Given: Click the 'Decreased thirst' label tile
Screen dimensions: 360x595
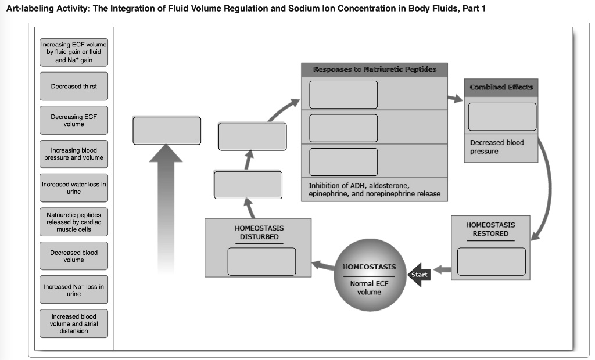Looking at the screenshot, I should coord(74,87).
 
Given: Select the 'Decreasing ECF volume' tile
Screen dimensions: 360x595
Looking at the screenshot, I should coord(74,120).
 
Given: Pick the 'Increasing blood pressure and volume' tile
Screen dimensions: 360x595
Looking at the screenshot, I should coord(74,154).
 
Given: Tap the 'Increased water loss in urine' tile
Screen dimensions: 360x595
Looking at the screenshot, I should coord(74,188).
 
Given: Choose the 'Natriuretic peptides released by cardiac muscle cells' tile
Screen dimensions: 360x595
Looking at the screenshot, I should coord(74,222).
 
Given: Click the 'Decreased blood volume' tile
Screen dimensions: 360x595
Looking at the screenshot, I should coord(74,256).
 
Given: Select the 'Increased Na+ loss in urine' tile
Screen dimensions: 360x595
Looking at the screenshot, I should coord(74,290).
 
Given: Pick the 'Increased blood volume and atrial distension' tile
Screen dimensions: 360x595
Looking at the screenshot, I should coord(74,323).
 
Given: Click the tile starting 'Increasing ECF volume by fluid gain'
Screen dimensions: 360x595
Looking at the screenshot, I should coord(74,52).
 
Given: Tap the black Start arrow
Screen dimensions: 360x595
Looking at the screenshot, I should coord(419,275).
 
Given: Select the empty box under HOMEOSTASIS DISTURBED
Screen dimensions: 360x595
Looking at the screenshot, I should coord(261,261).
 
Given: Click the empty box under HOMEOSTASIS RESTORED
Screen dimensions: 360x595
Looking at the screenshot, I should coord(491,261).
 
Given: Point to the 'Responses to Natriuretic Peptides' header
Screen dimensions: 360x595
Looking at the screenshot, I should coord(375,70).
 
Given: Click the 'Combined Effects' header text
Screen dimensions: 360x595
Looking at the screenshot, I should coord(501,87).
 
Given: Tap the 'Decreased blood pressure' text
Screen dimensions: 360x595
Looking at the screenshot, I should coord(497,147).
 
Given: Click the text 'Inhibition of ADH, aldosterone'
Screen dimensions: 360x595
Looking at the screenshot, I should coord(360,186).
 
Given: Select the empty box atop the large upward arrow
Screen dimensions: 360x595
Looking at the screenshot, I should coord(167,131).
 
